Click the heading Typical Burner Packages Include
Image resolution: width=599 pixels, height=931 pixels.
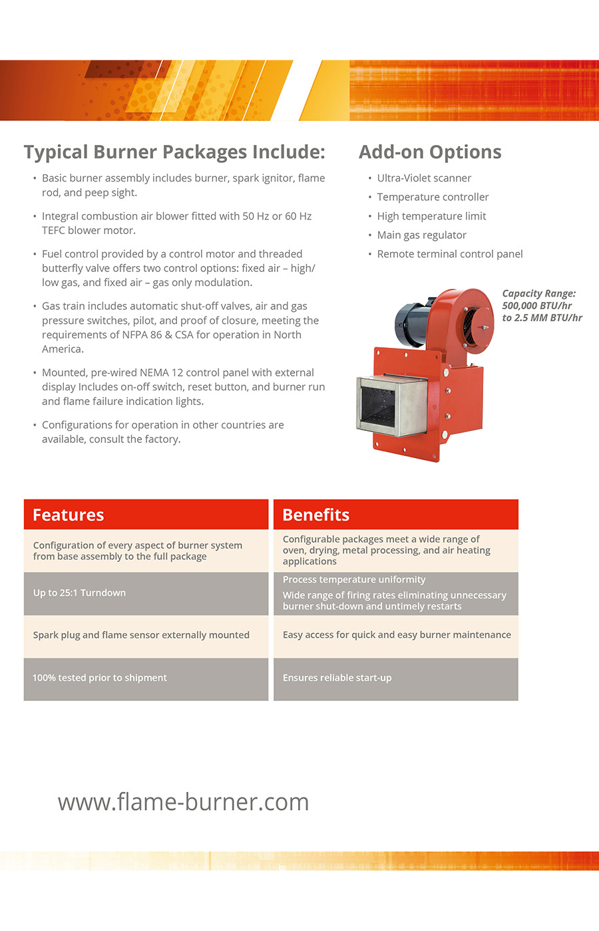pos(174,152)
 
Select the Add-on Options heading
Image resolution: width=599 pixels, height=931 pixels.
pos(430,152)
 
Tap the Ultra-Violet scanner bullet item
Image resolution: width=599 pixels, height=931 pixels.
pos(424,178)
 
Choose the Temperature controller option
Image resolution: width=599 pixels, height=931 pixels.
pos(433,197)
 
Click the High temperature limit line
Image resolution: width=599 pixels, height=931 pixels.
pos(431,216)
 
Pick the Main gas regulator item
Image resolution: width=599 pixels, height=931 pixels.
pos(421,235)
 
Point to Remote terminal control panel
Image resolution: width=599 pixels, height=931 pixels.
pos(450,254)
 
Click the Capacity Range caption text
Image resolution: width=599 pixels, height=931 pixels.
pos(542,305)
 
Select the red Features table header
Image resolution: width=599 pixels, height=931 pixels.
pos(146,515)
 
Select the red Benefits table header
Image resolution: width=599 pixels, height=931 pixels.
pos(395,515)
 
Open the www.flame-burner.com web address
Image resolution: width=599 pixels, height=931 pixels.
pos(183,802)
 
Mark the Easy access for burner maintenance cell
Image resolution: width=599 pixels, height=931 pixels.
pos(397,635)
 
